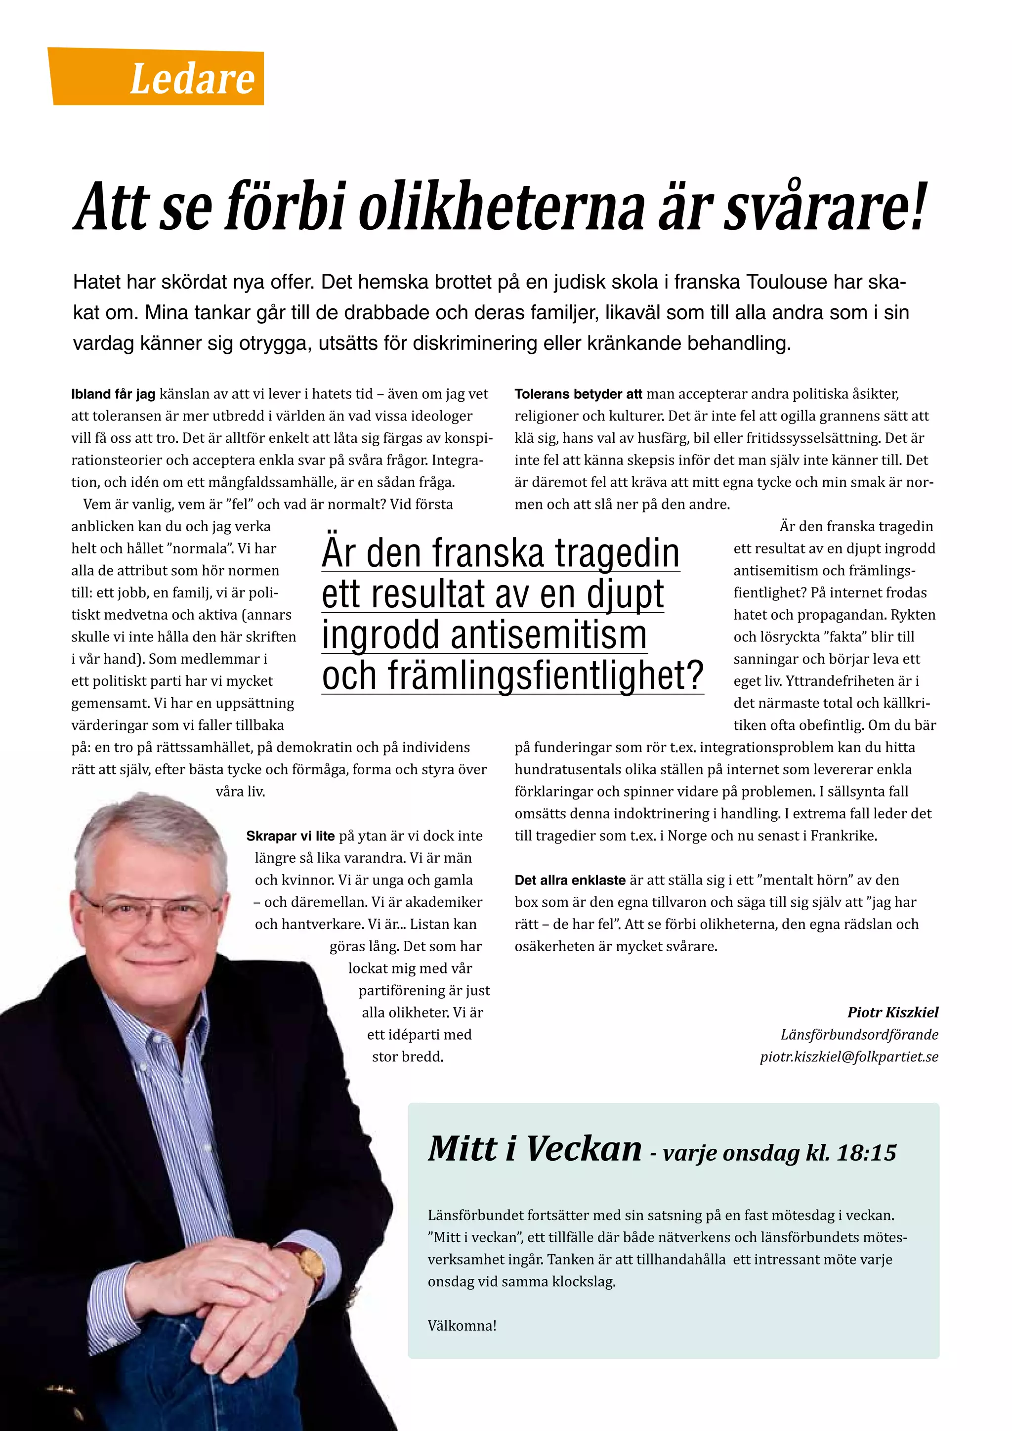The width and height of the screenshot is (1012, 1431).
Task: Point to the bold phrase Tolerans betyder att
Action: pyautogui.click(x=578, y=394)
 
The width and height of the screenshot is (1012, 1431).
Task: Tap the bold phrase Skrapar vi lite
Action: pyautogui.click(x=291, y=836)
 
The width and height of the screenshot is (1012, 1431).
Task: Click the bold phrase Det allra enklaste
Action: pyautogui.click(x=570, y=880)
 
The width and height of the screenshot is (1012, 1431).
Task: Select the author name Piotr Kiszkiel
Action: pyautogui.click(x=892, y=1012)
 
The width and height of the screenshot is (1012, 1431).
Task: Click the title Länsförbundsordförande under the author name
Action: pyautogui.click(x=859, y=1035)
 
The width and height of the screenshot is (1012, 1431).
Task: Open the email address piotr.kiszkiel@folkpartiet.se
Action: pyautogui.click(x=849, y=1056)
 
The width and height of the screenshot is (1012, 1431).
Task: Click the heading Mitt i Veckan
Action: pyautogui.click(x=535, y=1149)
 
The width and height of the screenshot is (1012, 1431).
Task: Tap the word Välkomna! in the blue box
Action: pyautogui.click(x=462, y=1326)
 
